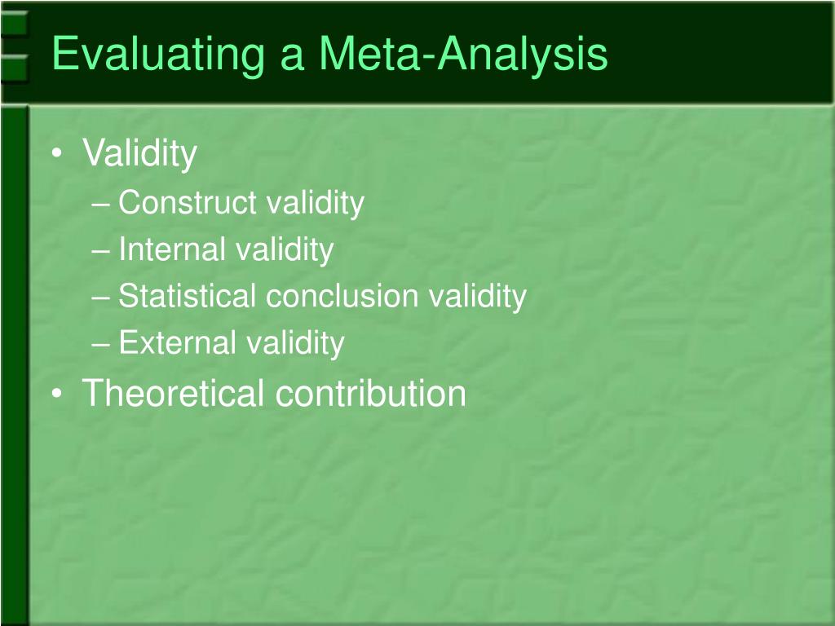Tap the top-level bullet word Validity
click(x=139, y=153)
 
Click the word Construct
click(x=187, y=203)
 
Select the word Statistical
click(x=187, y=296)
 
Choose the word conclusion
click(x=342, y=296)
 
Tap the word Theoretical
click(x=173, y=393)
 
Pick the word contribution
click(x=370, y=393)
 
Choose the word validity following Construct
click(x=314, y=203)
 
